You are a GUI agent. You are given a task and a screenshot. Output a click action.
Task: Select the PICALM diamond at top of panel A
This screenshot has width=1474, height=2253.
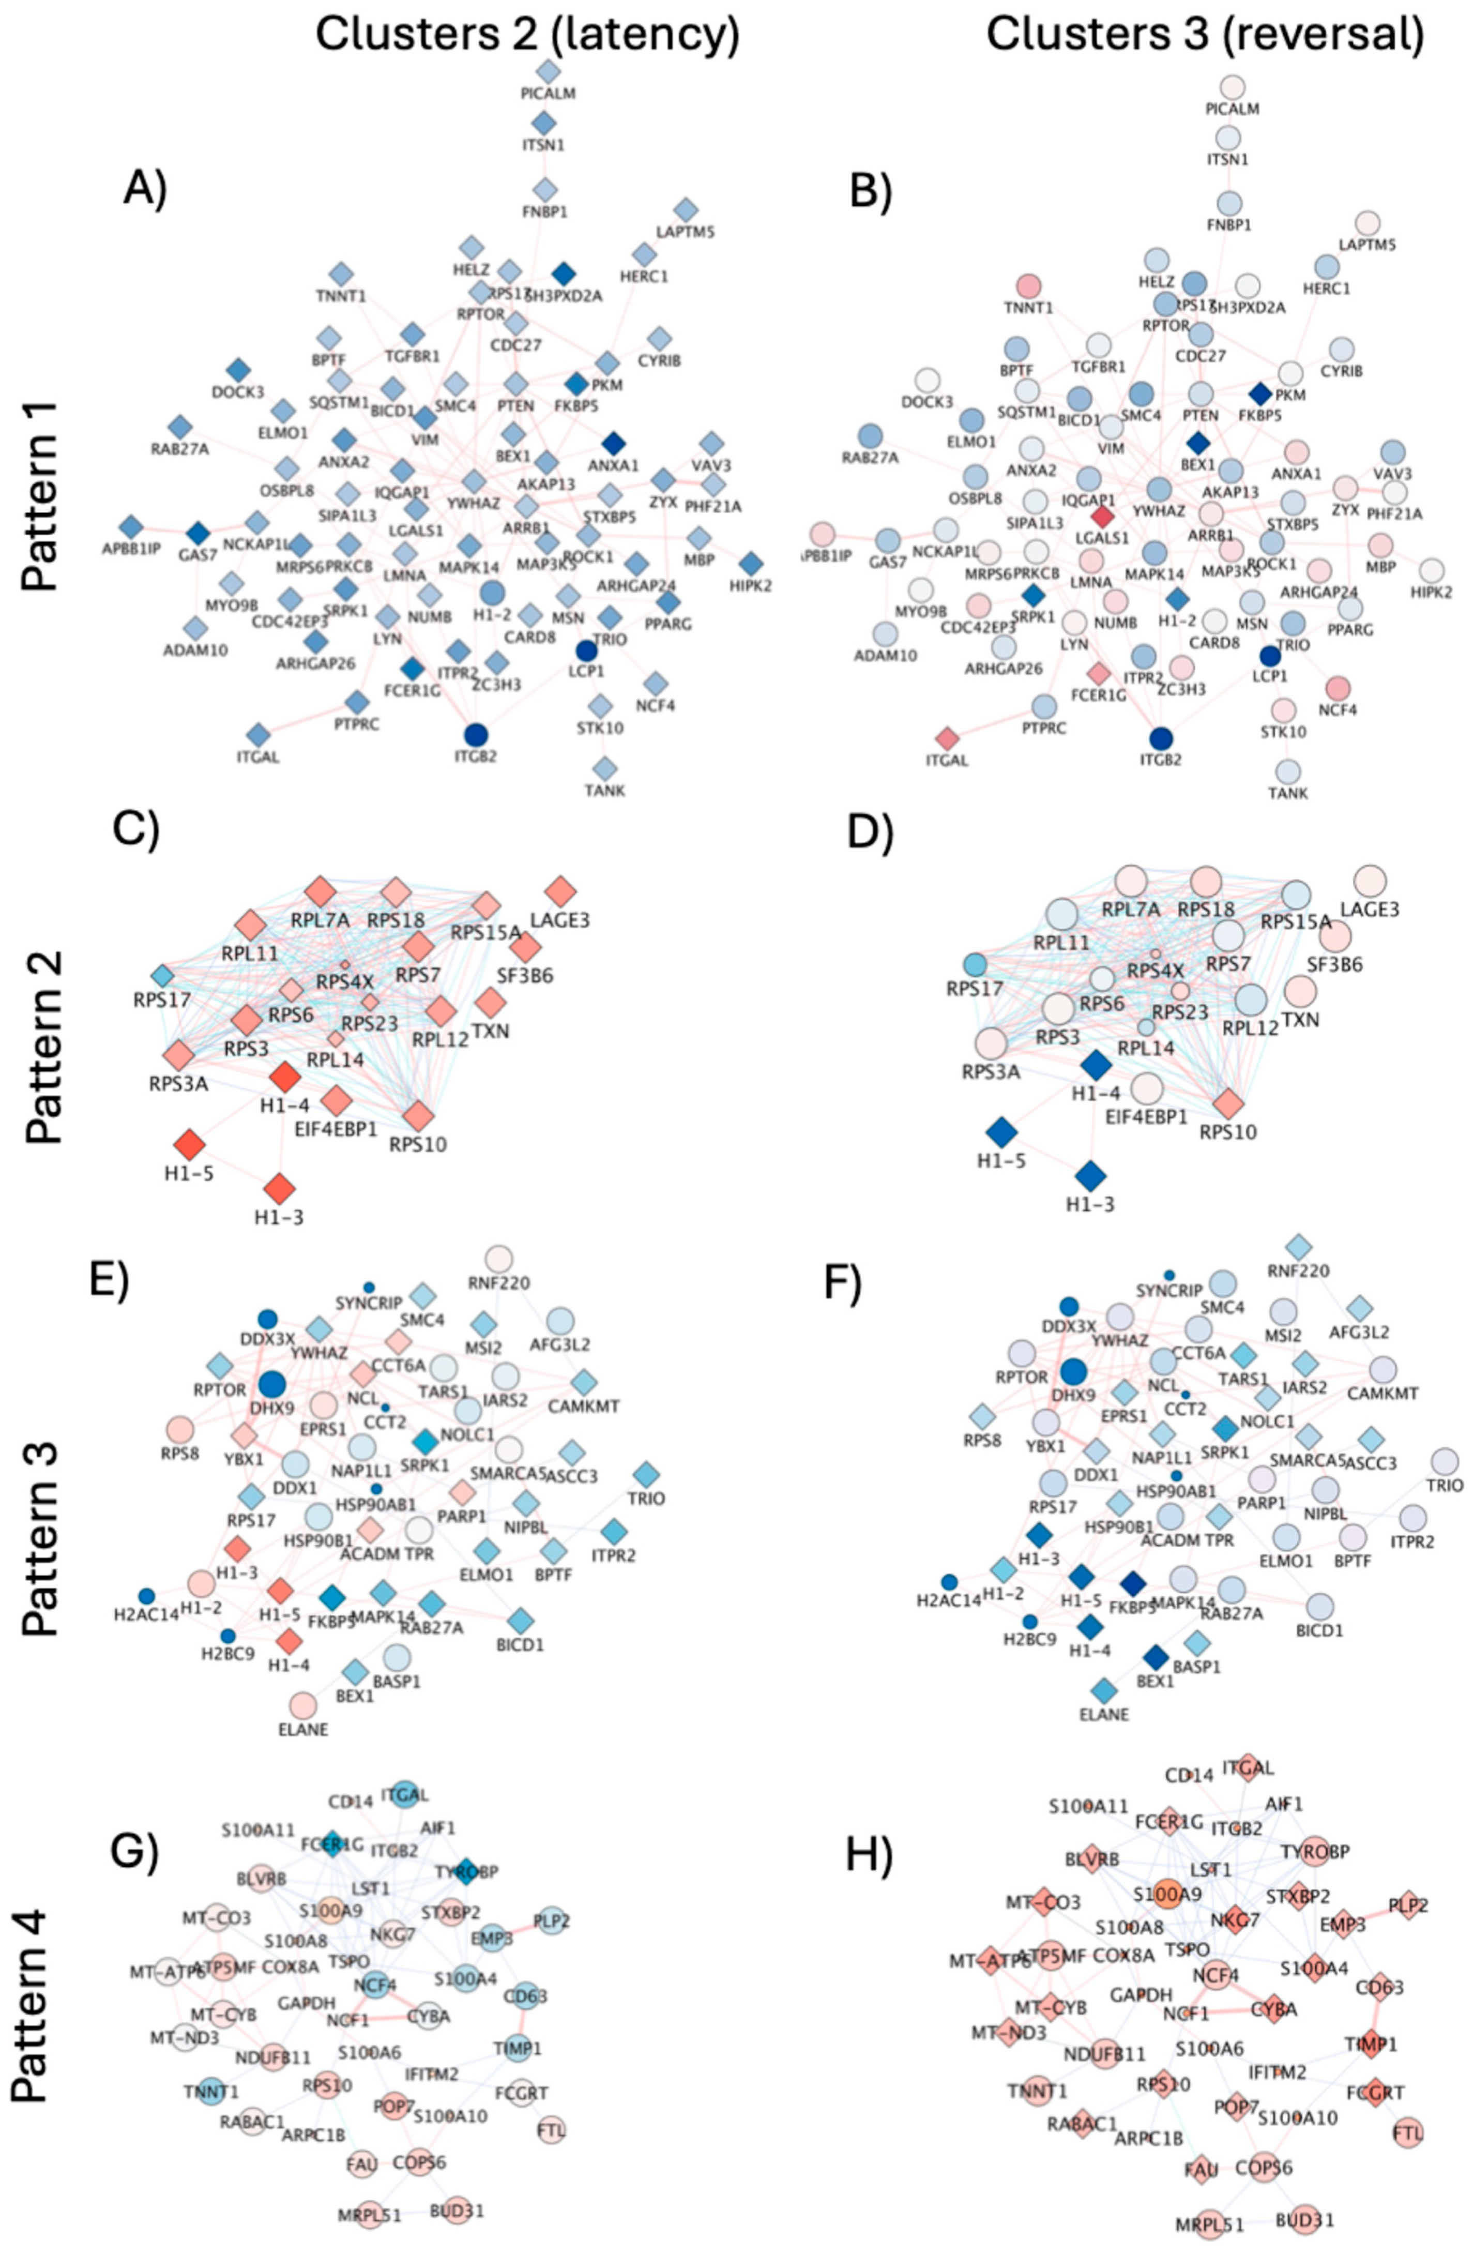pyautogui.click(x=548, y=71)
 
